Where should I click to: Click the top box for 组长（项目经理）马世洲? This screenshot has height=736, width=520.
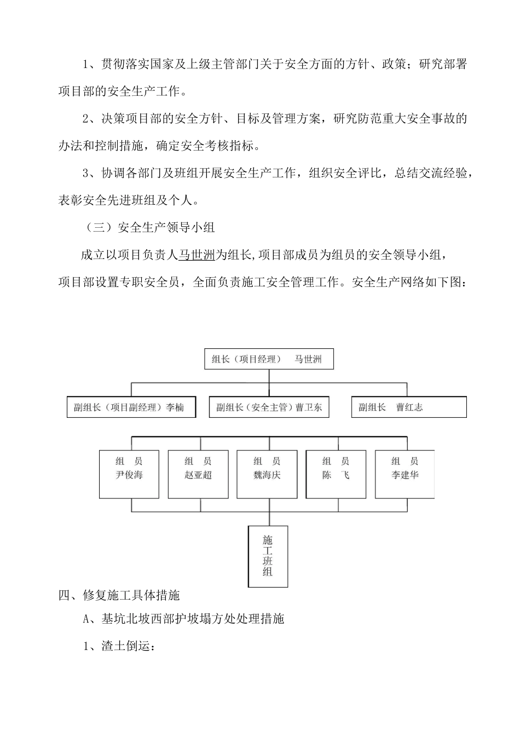click(268, 359)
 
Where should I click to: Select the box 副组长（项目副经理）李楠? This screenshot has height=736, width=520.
click(131, 407)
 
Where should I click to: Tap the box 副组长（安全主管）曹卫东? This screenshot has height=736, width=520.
click(269, 407)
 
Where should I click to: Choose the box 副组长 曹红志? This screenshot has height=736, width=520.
click(409, 407)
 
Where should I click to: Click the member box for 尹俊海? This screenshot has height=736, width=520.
click(129, 474)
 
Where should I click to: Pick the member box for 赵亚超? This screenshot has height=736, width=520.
click(198, 474)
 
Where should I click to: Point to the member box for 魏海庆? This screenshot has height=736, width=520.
click(267, 474)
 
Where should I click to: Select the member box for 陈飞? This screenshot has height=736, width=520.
click(336, 474)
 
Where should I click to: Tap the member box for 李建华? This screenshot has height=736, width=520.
click(405, 474)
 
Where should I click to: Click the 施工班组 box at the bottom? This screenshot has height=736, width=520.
click(268, 556)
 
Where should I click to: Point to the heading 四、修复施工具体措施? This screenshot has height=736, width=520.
click(119, 595)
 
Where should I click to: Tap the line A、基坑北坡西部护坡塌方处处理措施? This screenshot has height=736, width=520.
click(184, 619)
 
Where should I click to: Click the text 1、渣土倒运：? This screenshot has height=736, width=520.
click(120, 646)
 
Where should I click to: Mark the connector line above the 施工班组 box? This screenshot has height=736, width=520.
click(268, 519)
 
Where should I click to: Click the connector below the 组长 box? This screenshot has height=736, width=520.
click(268, 376)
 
